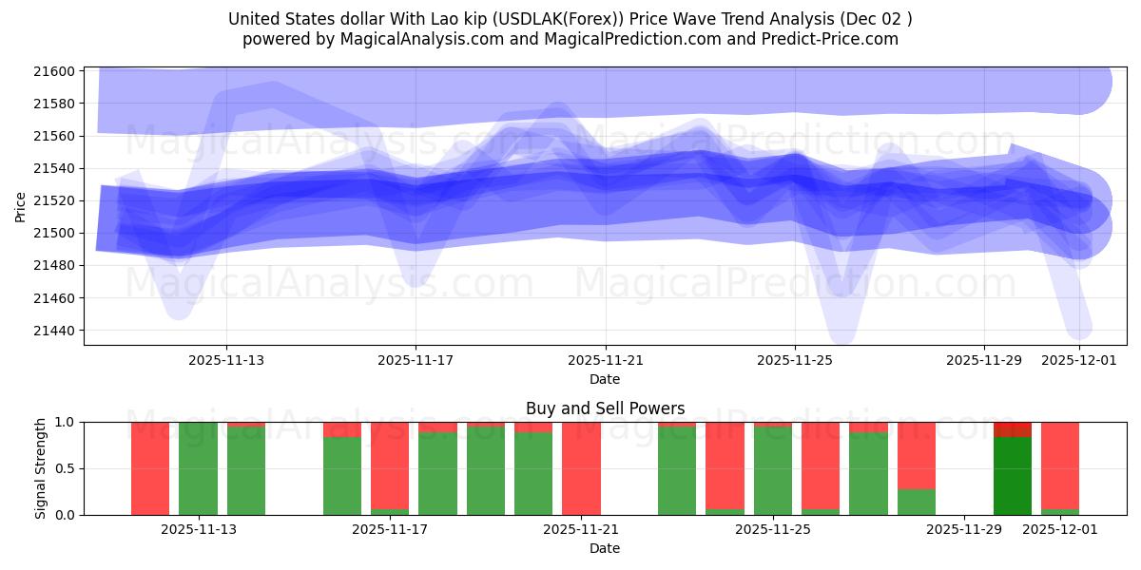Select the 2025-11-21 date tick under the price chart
tap(605, 360)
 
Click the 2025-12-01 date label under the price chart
tap(1079, 360)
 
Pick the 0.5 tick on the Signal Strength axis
tap(66, 468)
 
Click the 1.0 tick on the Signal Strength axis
tap(66, 422)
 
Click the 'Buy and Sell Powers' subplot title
tap(605, 408)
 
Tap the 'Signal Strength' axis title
tap(41, 468)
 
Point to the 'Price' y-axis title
tap(21, 205)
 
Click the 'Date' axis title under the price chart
tap(605, 379)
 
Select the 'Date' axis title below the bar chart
tap(605, 548)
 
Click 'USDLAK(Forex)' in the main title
tap(554, 19)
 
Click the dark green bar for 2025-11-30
tap(1012, 475)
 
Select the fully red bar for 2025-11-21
tap(581, 468)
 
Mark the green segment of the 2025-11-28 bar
tap(917, 502)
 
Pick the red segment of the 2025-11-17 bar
tap(390, 465)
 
